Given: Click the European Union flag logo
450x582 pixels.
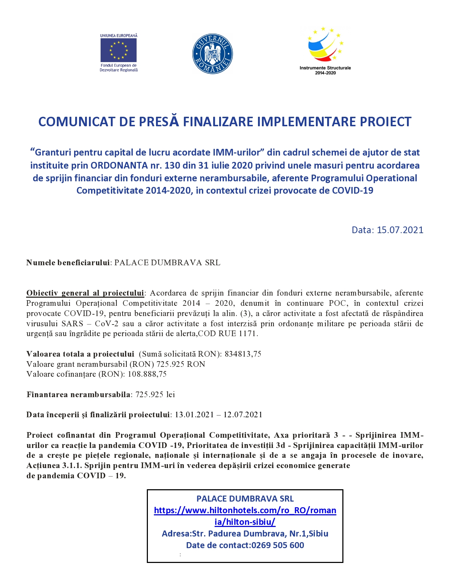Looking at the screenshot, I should [119, 50].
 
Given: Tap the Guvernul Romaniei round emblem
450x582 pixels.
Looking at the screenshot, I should [212, 54].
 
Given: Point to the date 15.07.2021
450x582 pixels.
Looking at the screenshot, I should [400, 230].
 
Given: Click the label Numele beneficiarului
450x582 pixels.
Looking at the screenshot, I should [68, 263].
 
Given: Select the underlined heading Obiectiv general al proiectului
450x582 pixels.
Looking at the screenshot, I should [85, 293].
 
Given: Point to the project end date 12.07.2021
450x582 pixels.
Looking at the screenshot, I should [243, 415].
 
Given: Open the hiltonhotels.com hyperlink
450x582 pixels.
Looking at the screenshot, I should [245, 516].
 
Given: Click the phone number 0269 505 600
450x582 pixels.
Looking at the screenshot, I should [278, 545].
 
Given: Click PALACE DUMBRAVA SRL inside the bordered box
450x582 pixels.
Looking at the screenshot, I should [245, 499].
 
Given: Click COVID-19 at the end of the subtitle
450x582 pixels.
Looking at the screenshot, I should [353, 190].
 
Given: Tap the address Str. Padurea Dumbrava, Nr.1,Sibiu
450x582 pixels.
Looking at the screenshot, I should [260, 534].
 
